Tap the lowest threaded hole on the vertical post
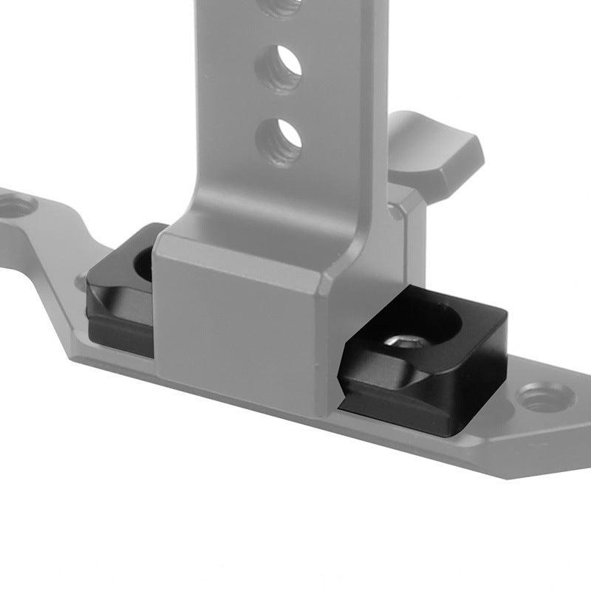point(279,140)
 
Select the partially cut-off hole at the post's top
point(281,7)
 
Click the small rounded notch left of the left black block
point(80,281)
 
